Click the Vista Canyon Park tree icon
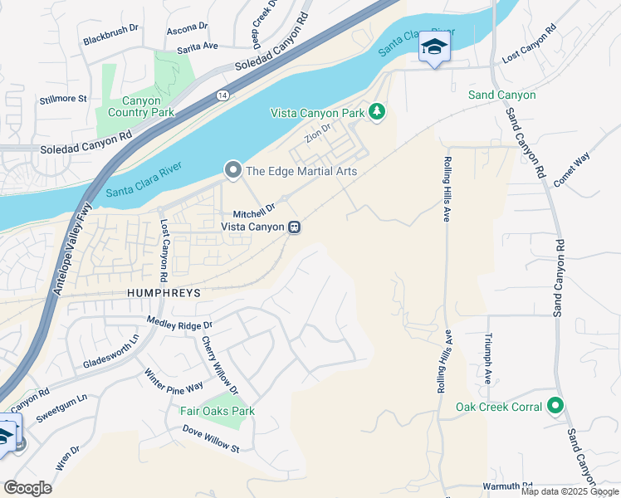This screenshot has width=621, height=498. point(377,111)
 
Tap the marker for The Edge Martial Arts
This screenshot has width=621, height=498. point(233,171)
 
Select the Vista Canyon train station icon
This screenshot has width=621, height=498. point(294,227)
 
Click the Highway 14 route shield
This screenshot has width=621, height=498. point(222,96)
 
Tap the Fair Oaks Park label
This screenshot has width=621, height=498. point(218,411)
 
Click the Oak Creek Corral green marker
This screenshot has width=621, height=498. point(555,407)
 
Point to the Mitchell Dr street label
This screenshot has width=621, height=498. point(254,211)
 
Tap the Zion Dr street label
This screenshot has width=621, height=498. point(318,133)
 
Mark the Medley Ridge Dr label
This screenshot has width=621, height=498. point(179,322)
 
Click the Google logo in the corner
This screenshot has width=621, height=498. point(27,488)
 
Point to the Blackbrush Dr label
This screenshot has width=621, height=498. point(110,38)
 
